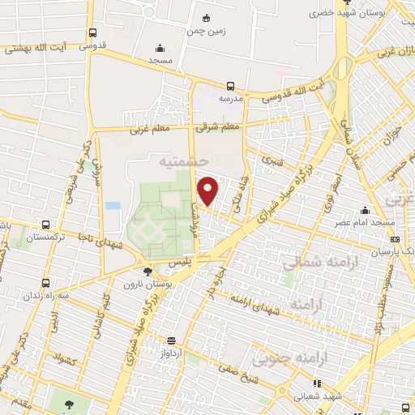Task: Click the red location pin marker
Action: (208, 190)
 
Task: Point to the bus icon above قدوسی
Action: (92, 33)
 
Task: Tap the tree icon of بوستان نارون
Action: (146, 272)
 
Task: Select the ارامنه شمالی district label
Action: (312, 263)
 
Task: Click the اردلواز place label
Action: (171, 355)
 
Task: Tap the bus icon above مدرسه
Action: (230, 85)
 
